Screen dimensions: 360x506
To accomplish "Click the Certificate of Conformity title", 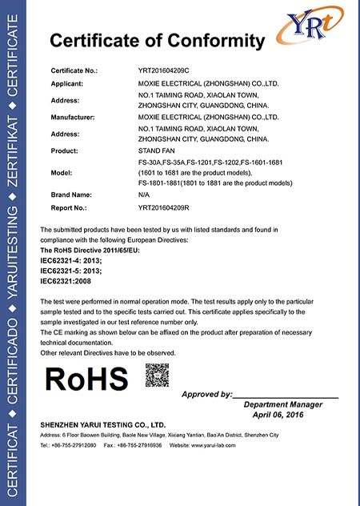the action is (157, 41).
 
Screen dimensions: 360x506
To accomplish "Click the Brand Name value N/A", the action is (145, 195).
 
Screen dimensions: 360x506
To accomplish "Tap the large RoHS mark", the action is (86, 379).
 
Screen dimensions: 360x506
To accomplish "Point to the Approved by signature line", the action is (285, 395).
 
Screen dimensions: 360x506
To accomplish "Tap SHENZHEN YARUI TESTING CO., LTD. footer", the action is (102, 424).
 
